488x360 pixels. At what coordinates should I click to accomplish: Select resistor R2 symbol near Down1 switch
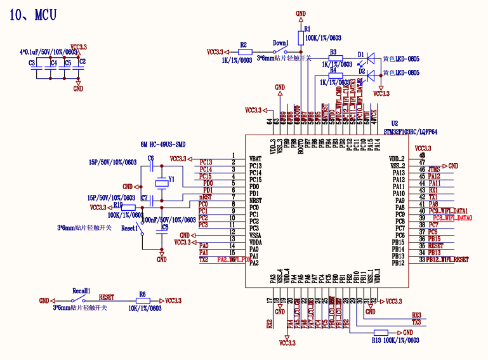[x=245, y=51]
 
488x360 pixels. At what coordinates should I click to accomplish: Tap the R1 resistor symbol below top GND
[x=301, y=37]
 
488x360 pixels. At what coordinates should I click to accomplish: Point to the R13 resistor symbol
[x=381, y=333]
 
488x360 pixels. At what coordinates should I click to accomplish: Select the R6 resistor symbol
[x=143, y=300]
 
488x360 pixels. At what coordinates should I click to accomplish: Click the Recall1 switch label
[x=81, y=290]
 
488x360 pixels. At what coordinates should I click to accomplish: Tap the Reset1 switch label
[x=129, y=227]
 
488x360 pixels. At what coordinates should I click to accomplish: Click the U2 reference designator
[x=395, y=123]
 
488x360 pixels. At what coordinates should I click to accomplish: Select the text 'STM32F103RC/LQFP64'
[x=411, y=131]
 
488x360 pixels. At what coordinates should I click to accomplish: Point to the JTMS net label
[x=434, y=170]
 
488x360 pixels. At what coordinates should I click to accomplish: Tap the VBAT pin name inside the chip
[x=255, y=159]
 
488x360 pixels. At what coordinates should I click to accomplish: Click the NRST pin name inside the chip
[x=255, y=201]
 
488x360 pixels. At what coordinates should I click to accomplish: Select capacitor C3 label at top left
[x=32, y=63]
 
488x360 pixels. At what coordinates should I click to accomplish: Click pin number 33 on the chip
[x=422, y=260]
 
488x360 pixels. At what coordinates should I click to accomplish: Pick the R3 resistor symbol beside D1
[x=336, y=58]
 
